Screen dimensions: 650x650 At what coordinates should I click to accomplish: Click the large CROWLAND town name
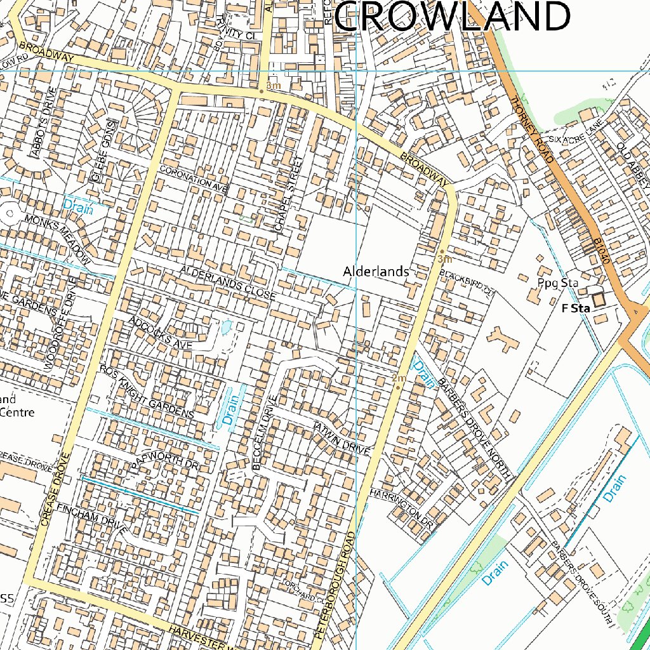(452, 17)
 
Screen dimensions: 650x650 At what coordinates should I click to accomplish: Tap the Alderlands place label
(376, 272)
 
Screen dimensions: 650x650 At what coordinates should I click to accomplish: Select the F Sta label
(576, 308)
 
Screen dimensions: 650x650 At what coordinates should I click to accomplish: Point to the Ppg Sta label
(557, 282)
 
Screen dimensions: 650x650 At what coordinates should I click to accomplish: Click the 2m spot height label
(399, 379)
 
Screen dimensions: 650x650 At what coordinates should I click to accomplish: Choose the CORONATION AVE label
(193, 180)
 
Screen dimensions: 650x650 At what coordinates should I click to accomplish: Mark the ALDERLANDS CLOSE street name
(228, 282)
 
